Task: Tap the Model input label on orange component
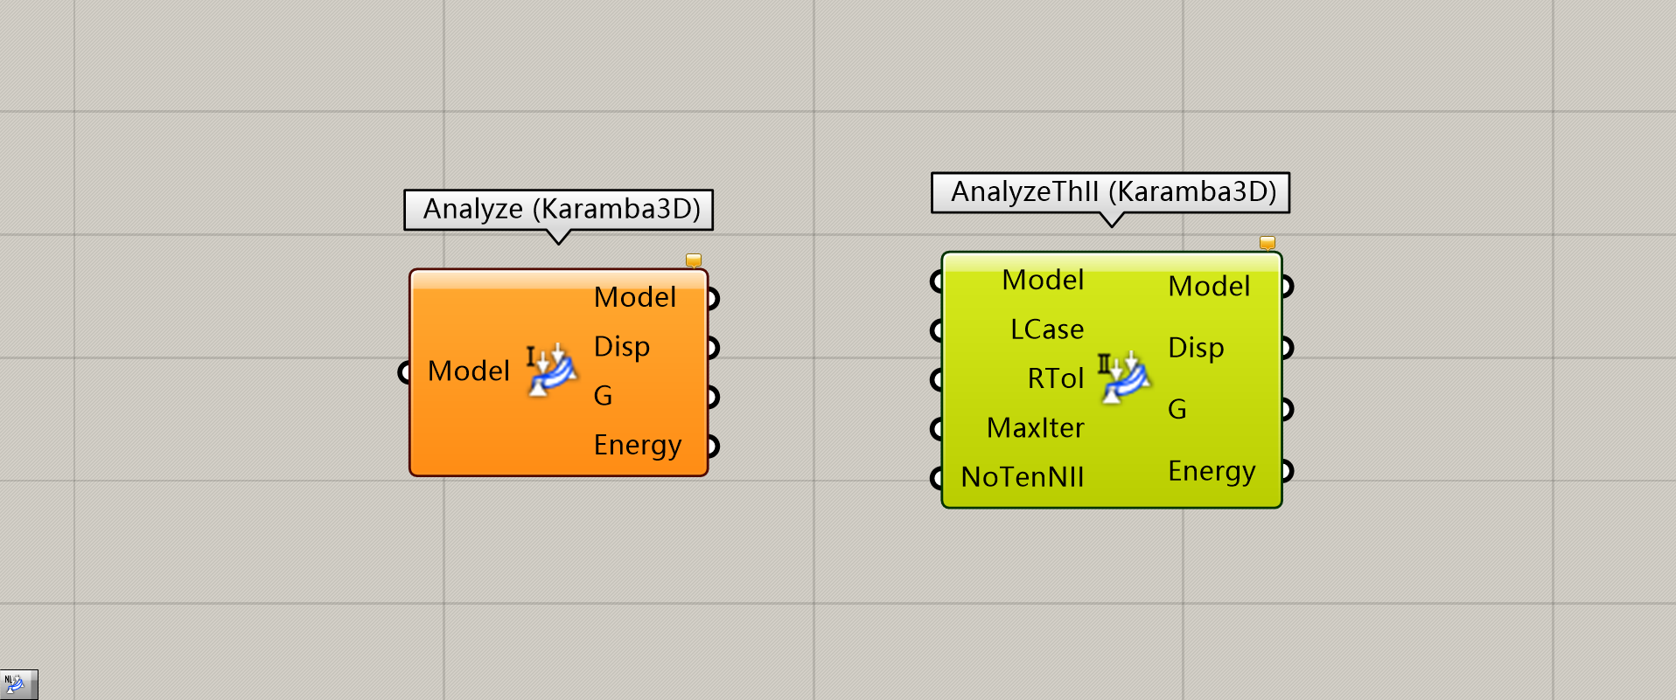[469, 371]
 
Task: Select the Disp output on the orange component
[622, 347]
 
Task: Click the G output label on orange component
[603, 396]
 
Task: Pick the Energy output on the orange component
[637, 446]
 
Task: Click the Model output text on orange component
[635, 298]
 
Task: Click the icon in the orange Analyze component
[551, 371]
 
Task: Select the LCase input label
[1047, 329]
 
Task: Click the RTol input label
[1056, 379]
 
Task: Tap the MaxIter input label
[1036, 428]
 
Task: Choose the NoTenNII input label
[1023, 477]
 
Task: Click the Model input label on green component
[1043, 281]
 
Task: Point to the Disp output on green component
[1196, 348]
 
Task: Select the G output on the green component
[1177, 409]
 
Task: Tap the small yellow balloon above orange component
[694, 260]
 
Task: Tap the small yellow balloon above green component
[1267, 242]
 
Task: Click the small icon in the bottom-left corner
[17, 683]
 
